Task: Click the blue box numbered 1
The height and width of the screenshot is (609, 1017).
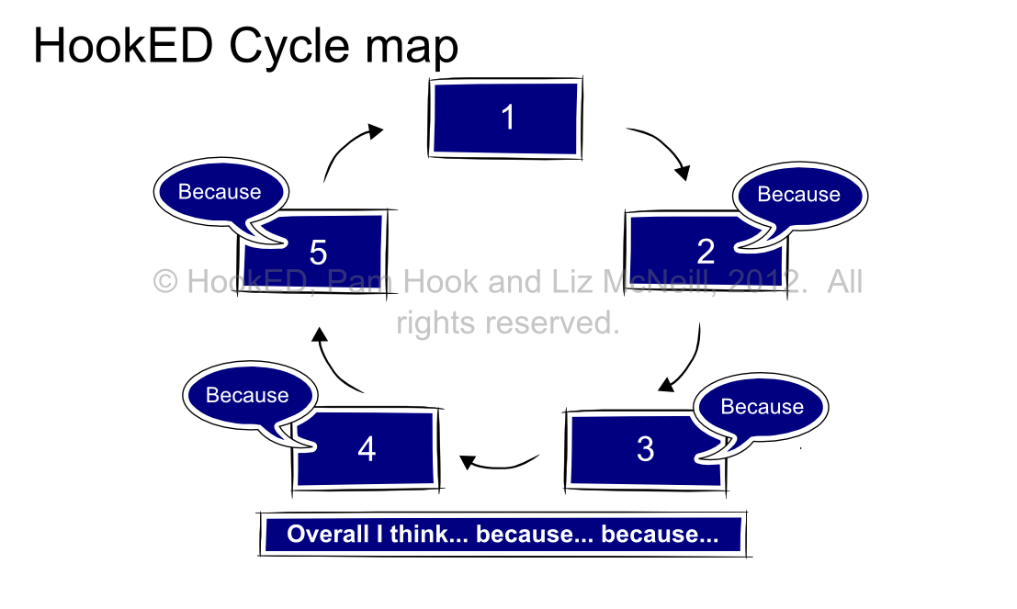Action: tap(506, 118)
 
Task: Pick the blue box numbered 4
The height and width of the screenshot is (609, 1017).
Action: tap(367, 449)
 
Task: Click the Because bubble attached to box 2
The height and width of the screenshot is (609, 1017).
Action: tap(798, 195)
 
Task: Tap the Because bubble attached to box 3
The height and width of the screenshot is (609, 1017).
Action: tap(762, 406)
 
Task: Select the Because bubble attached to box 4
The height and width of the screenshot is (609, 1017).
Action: tap(247, 395)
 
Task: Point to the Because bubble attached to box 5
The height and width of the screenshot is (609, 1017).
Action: tap(220, 192)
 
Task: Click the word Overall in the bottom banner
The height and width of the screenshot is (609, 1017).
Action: tap(328, 534)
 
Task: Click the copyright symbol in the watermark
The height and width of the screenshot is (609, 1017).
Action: tap(165, 281)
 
